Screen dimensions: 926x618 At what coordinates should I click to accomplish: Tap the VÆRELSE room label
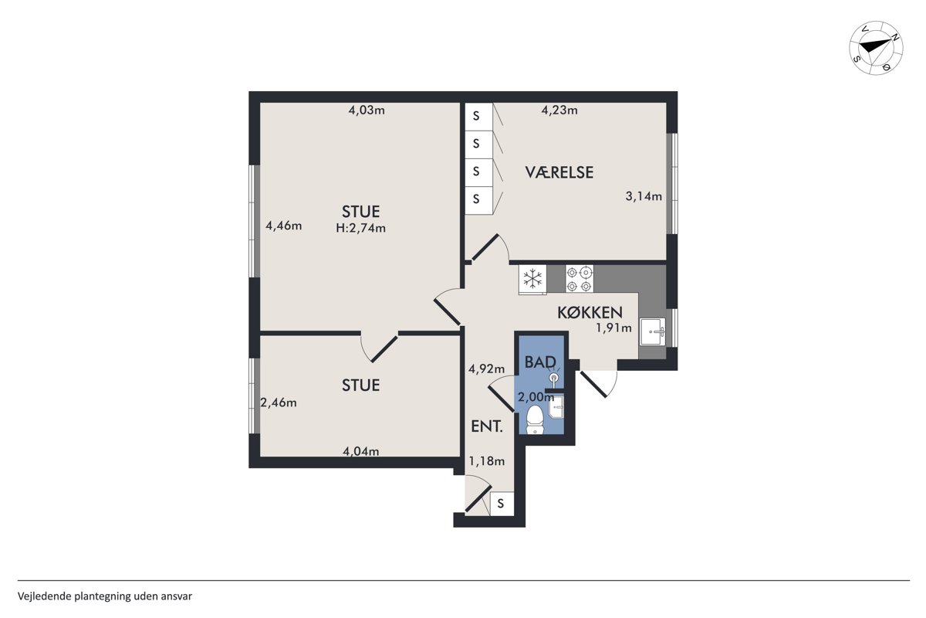click(559, 172)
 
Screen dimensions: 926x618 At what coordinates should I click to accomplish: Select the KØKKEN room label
click(590, 313)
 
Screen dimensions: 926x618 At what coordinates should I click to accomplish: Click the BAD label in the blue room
click(540, 362)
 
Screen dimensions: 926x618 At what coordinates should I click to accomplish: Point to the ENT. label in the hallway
click(487, 426)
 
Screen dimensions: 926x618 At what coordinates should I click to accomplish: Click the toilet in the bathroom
click(535, 419)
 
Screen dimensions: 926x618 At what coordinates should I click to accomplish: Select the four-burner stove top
click(580, 279)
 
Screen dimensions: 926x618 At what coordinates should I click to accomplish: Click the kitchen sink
click(653, 331)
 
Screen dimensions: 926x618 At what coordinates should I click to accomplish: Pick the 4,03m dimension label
click(367, 110)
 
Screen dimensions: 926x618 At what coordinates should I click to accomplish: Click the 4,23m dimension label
click(559, 110)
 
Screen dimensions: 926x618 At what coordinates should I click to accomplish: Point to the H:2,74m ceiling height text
click(361, 228)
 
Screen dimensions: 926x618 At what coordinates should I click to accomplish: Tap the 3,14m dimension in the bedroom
click(644, 196)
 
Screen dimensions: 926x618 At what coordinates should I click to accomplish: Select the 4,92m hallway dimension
click(487, 368)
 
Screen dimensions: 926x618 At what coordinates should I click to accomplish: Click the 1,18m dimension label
click(487, 460)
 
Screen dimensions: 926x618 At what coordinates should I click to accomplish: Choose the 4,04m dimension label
click(361, 451)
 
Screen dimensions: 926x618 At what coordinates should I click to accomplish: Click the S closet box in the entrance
click(502, 504)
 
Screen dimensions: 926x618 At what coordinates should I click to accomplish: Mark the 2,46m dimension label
click(279, 402)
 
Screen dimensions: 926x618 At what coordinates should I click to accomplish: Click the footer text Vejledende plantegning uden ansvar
click(105, 596)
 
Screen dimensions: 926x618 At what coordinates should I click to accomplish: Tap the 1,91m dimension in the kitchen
click(613, 328)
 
